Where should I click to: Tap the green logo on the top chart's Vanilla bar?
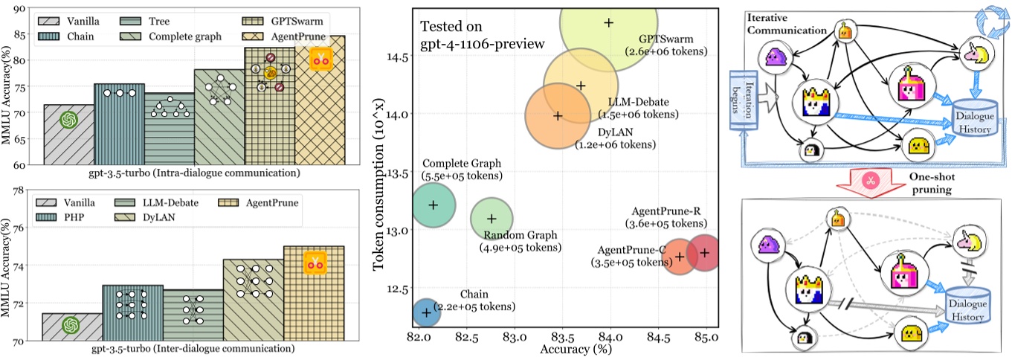tap(68, 120)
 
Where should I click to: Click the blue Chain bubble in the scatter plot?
tap(426, 312)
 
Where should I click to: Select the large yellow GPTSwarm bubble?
tap(608, 30)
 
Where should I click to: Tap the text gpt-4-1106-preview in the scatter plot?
tap(483, 43)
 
